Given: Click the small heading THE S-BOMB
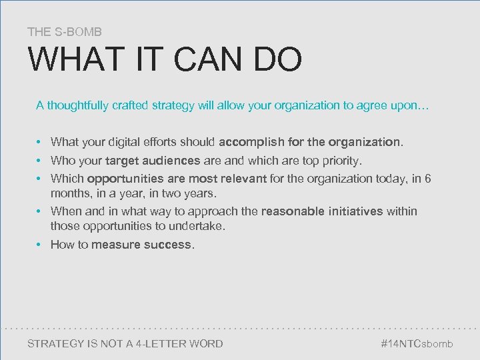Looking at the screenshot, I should pyautogui.click(x=65, y=31).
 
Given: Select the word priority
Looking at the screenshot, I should pyautogui.click(x=341, y=161).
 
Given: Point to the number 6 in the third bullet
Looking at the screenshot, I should pyautogui.click(x=428, y=179).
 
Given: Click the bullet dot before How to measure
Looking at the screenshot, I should pyautogui.click(x=40, y=245).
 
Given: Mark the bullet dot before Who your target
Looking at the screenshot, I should pyautogui.click(x=40, y=161).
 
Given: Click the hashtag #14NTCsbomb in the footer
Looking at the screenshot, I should pyautogui.click(x=417, y=344).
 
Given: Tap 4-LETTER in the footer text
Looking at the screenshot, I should pyautogui.click(x=163, y=344).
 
